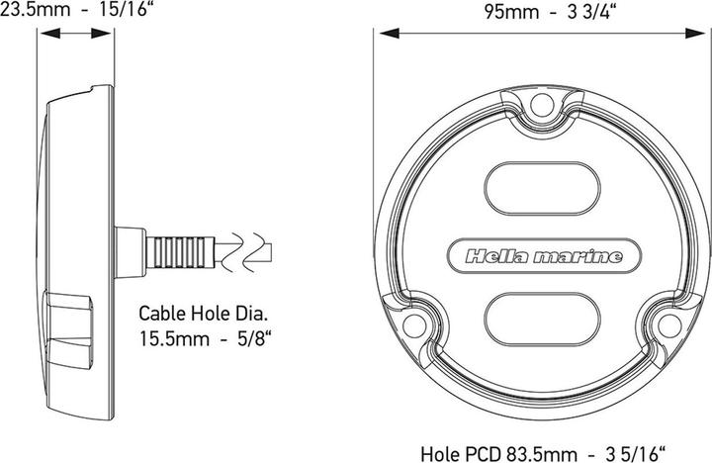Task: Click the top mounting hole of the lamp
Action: pos(542,106)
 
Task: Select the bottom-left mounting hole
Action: pos(414,325)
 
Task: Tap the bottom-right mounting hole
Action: pos(669,325)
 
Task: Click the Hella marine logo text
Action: pos(544,256)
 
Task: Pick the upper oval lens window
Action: pos(543,188)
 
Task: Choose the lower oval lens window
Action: pos(543,319)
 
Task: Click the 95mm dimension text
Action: pos(511,12)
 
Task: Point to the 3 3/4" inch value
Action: pos(592,12)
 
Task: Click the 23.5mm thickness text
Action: pos(35,9)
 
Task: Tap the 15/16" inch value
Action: pos(124,9)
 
